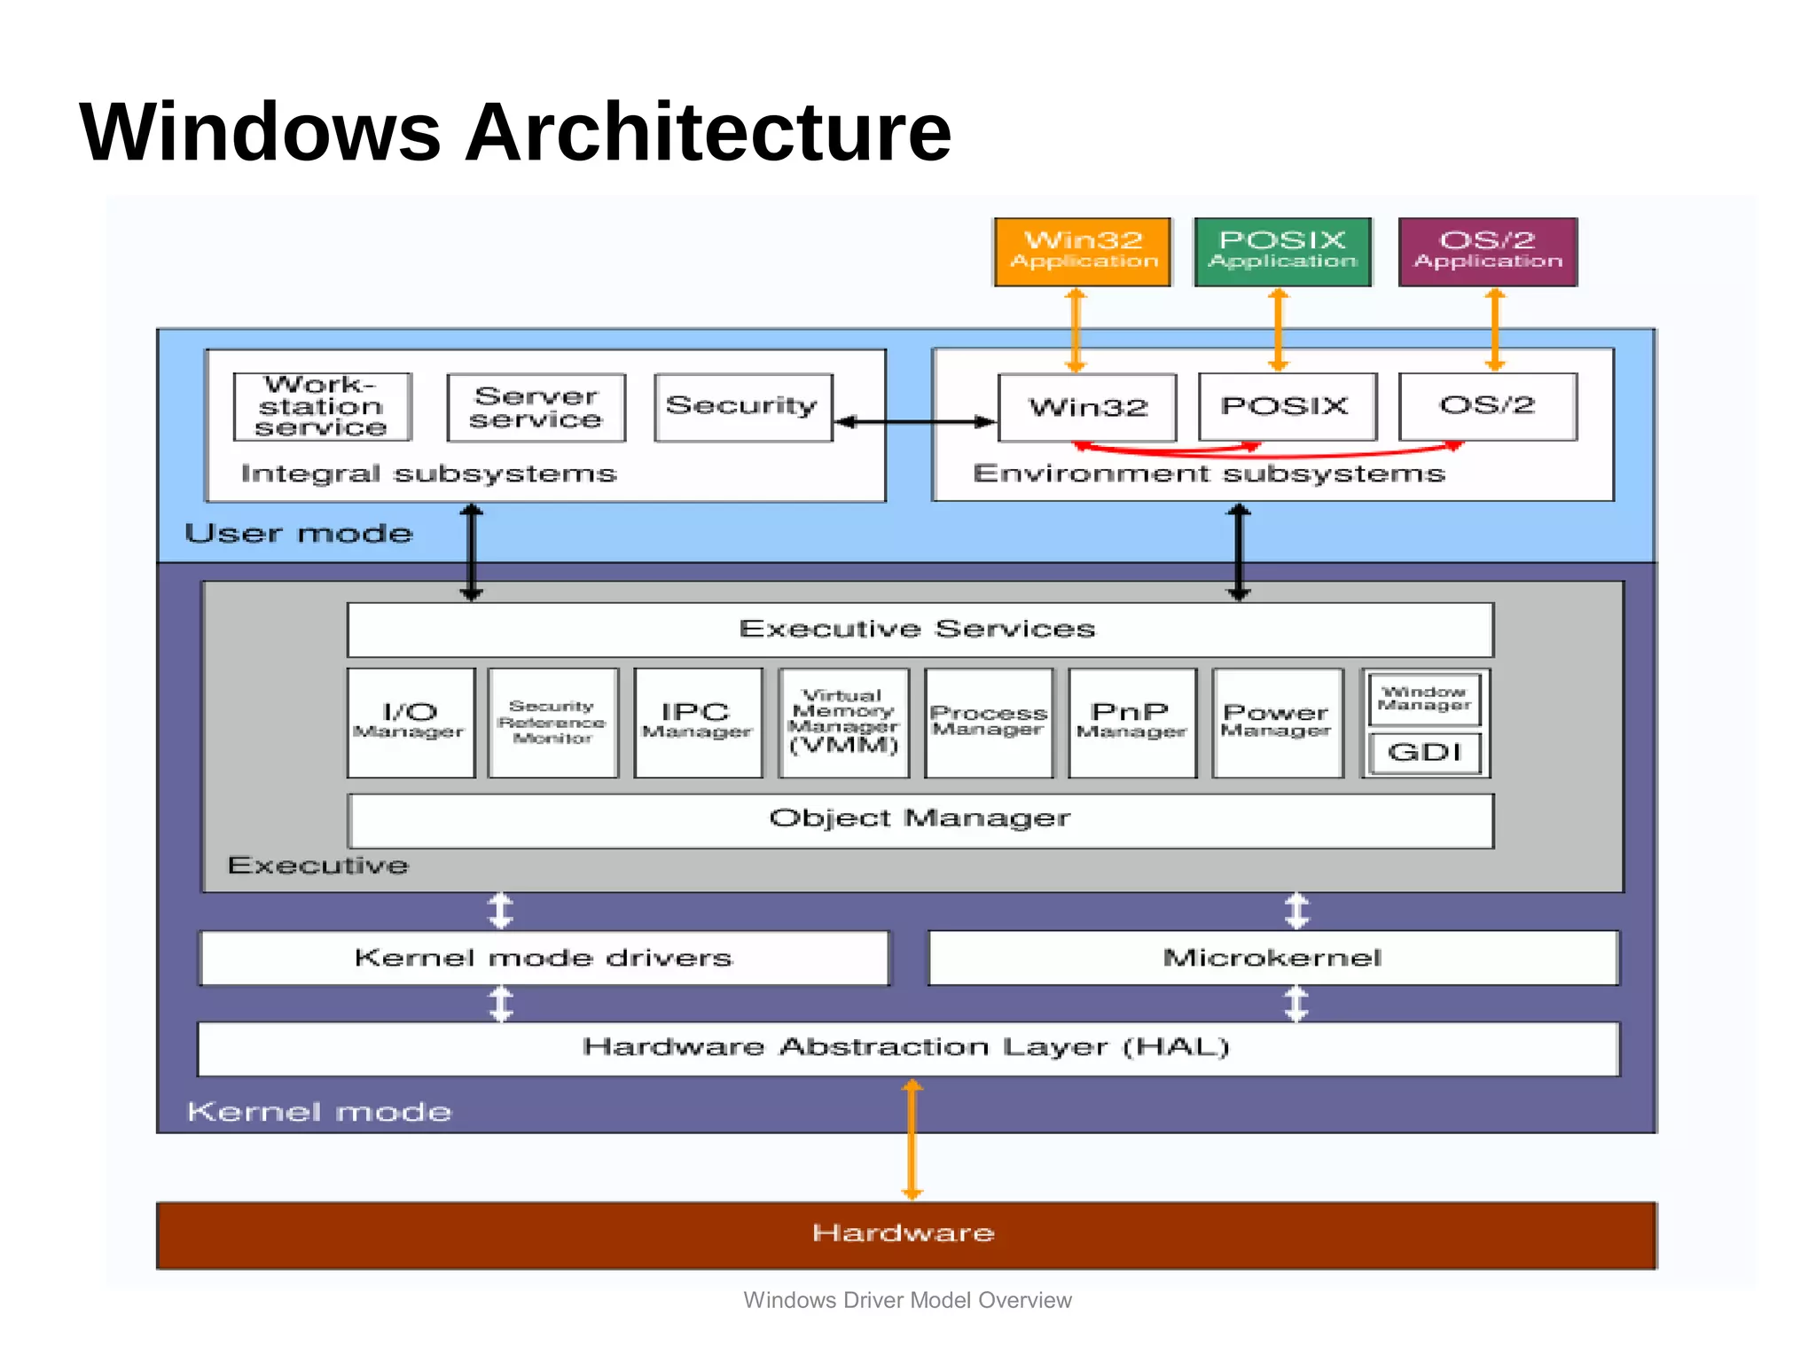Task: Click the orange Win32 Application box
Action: point(1083,252)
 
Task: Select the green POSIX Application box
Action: point(1282,252)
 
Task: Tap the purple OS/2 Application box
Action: point(1487,252)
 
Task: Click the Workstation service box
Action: point(322,407)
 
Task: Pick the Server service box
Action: point(536,408)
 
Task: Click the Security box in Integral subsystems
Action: point(742,407)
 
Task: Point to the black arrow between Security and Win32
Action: point(915,422)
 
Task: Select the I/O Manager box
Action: point(411,723)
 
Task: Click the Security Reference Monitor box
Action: point(552,723)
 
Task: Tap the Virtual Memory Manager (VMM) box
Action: point(843,723)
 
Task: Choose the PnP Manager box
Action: point(1131,723)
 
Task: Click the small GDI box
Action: point(1424,753)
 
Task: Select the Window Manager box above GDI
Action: point(1424,699)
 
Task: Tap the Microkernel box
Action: point(1272,958)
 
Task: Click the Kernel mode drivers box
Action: point(544,958)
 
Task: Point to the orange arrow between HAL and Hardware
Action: point(912,1139)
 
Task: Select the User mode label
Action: point(299,534)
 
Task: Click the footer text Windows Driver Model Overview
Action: point(907,1300)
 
